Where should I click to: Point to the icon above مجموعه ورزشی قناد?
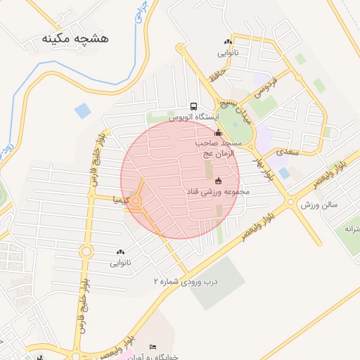217,181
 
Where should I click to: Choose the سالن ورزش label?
320,205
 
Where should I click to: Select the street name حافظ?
217,72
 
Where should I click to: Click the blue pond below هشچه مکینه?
83,110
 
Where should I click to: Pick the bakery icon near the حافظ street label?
227,42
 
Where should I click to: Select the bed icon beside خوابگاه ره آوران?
134,349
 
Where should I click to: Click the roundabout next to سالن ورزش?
291,202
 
